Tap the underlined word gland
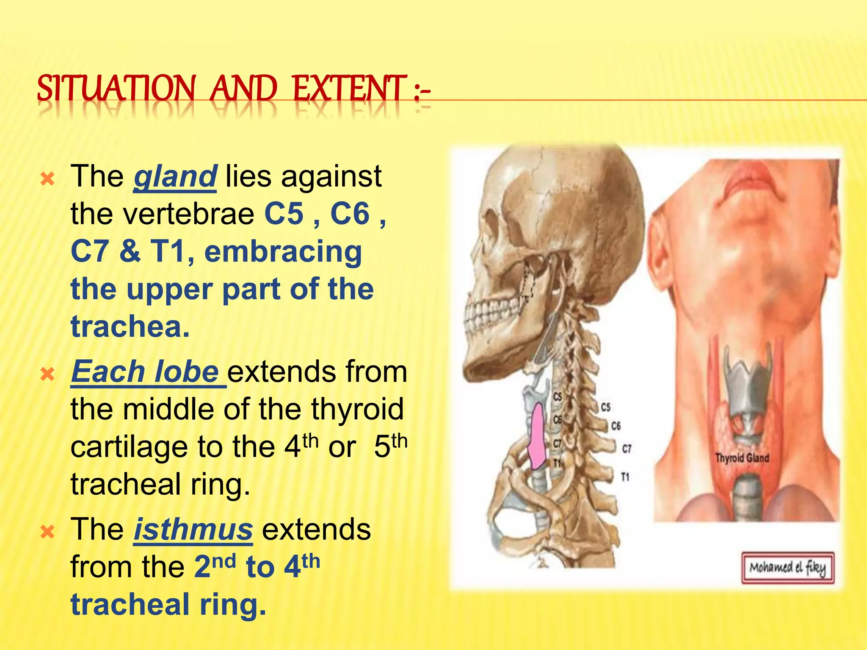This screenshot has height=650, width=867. pyautogui.click(x=175, y=176)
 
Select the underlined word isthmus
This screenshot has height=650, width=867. pyautogui.click(x=193, y=529)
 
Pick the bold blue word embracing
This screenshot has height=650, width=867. pyautogui.click(x=283, y=251)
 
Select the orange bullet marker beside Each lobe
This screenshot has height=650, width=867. pyautogui.click(x=47, y=374)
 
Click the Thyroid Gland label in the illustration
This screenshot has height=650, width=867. pyautogui.click(x=742, y=458)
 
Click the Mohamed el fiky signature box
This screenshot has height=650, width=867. pyautogui.click(x=787, y=568)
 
